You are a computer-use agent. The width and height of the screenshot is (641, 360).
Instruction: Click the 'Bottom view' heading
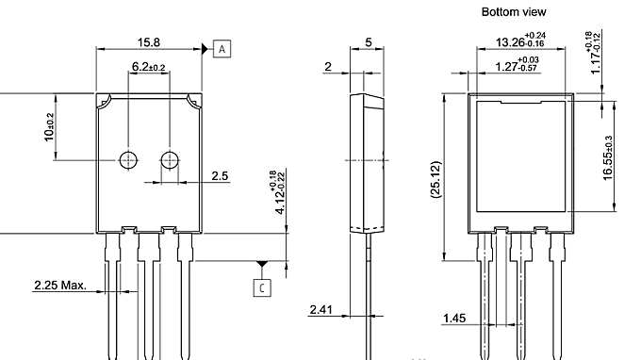514,12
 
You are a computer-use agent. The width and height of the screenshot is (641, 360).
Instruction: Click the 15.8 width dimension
149,41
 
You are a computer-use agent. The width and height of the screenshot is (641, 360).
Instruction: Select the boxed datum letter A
222,48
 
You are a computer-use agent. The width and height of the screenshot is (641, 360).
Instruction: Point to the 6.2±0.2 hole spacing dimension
149,67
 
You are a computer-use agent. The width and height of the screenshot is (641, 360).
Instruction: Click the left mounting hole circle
128,159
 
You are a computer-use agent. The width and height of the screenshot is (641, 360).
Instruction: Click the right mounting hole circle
171,159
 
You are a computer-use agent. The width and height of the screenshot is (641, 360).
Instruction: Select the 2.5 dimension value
220,175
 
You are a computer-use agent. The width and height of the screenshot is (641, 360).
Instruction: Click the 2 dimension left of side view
327,67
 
